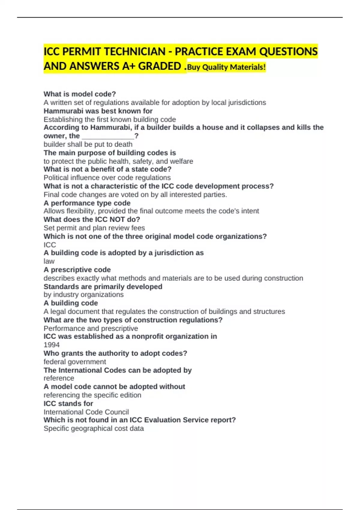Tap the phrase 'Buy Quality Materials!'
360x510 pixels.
coord(226,67)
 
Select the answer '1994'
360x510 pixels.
coord(52,345)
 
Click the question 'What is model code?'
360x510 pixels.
coord(80,94)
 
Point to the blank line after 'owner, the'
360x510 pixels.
coord(108,136)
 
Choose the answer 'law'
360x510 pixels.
coord(49,261)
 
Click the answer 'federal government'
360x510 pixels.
coord(75,361)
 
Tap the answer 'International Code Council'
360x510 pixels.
coord(86,412)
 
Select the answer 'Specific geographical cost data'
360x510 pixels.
coord(94,428)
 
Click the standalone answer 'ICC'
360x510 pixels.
coord(50,244)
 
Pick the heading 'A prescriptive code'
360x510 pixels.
coord(77,269)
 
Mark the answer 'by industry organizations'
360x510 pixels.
coord(83,295)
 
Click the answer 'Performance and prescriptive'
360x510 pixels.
coord(91,328)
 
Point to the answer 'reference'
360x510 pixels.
coord(59,378)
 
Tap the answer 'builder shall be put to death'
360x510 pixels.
coord(88,144)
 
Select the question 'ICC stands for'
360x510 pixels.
coord(68,403)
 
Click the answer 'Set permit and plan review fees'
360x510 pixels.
coord(94,228)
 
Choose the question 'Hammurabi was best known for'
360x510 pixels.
coord(98,111)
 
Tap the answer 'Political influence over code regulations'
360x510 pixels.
coord(107,178)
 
